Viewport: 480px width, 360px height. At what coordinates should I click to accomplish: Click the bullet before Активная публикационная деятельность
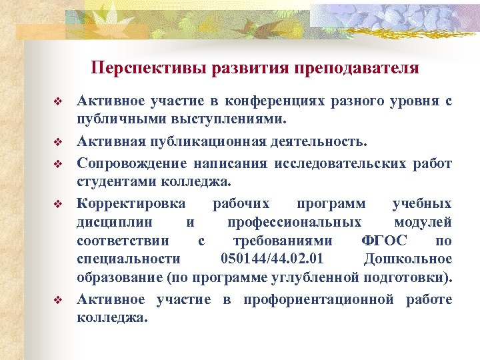point(58,143)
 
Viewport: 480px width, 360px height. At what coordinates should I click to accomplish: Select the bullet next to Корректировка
point(58,204)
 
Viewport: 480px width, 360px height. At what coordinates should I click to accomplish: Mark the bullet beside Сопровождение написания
point(58,164)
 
